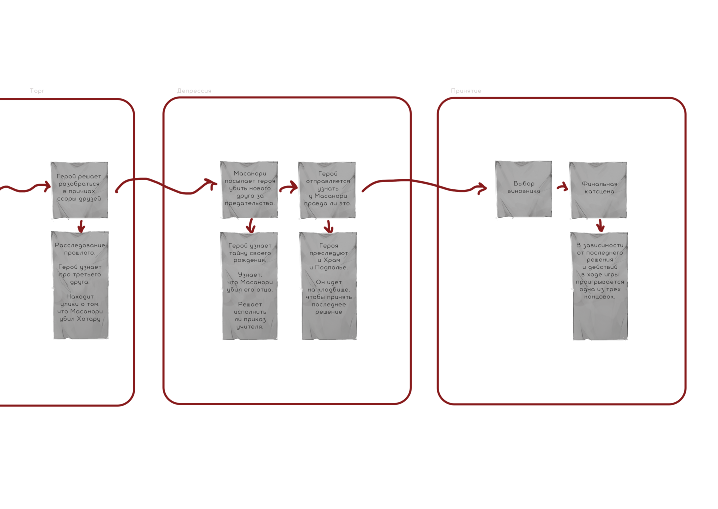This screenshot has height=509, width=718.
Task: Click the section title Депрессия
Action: click(194, 91)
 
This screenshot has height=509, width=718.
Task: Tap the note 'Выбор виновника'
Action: click(524, 189)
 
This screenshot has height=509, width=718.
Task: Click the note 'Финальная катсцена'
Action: click(599, 189)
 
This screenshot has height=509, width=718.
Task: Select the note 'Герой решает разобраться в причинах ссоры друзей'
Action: click(80, 189)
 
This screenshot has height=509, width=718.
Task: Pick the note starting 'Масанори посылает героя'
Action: click(249, 189)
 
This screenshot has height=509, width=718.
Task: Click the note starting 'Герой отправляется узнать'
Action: click(327, 189)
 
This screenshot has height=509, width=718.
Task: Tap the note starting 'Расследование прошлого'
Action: click(80, 284)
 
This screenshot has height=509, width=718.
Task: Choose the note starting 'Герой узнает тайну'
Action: click(249, 285)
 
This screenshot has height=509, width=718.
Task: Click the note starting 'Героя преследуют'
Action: click(329, 285)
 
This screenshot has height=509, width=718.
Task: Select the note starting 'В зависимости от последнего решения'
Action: click(600, 285)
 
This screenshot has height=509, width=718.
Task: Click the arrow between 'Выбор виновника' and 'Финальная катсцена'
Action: click(563, 187)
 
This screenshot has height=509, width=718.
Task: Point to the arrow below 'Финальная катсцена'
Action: click(600, 226)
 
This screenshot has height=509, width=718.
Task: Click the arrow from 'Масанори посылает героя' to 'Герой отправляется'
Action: click(289, 188)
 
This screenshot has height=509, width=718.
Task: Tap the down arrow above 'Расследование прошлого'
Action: click(81, 226)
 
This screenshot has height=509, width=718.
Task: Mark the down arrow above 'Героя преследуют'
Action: click(328, 226)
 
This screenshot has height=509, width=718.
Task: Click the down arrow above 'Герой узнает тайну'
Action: click(251, 226)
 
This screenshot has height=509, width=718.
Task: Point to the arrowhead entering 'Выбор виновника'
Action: click(481, 188)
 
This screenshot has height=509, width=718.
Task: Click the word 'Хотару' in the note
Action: click(89, 319)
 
